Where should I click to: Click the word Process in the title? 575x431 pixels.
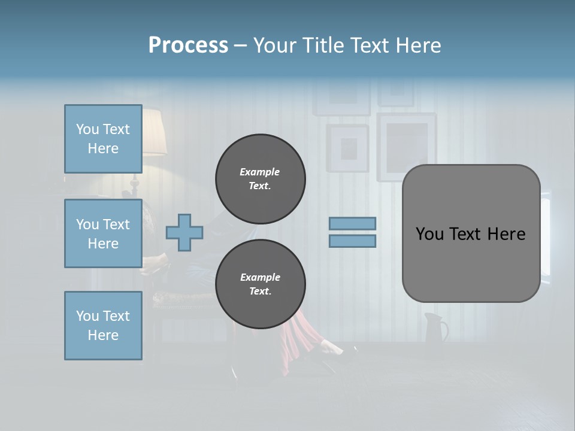188,45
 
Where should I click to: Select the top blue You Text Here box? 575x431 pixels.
103,139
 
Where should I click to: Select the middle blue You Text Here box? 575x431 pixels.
103,233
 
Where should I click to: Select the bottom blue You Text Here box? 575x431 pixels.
103,326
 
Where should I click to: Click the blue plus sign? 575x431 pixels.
184,232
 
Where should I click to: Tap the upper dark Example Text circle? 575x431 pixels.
260,178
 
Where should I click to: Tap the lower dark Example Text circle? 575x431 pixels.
260,284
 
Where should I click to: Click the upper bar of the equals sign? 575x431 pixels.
353,223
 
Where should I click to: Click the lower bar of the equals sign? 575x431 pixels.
353,241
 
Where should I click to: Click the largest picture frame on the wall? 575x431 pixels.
405,147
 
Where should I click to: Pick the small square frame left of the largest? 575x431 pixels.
347,147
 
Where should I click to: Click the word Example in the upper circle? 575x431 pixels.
259,172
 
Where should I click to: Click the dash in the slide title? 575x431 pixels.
240,45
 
